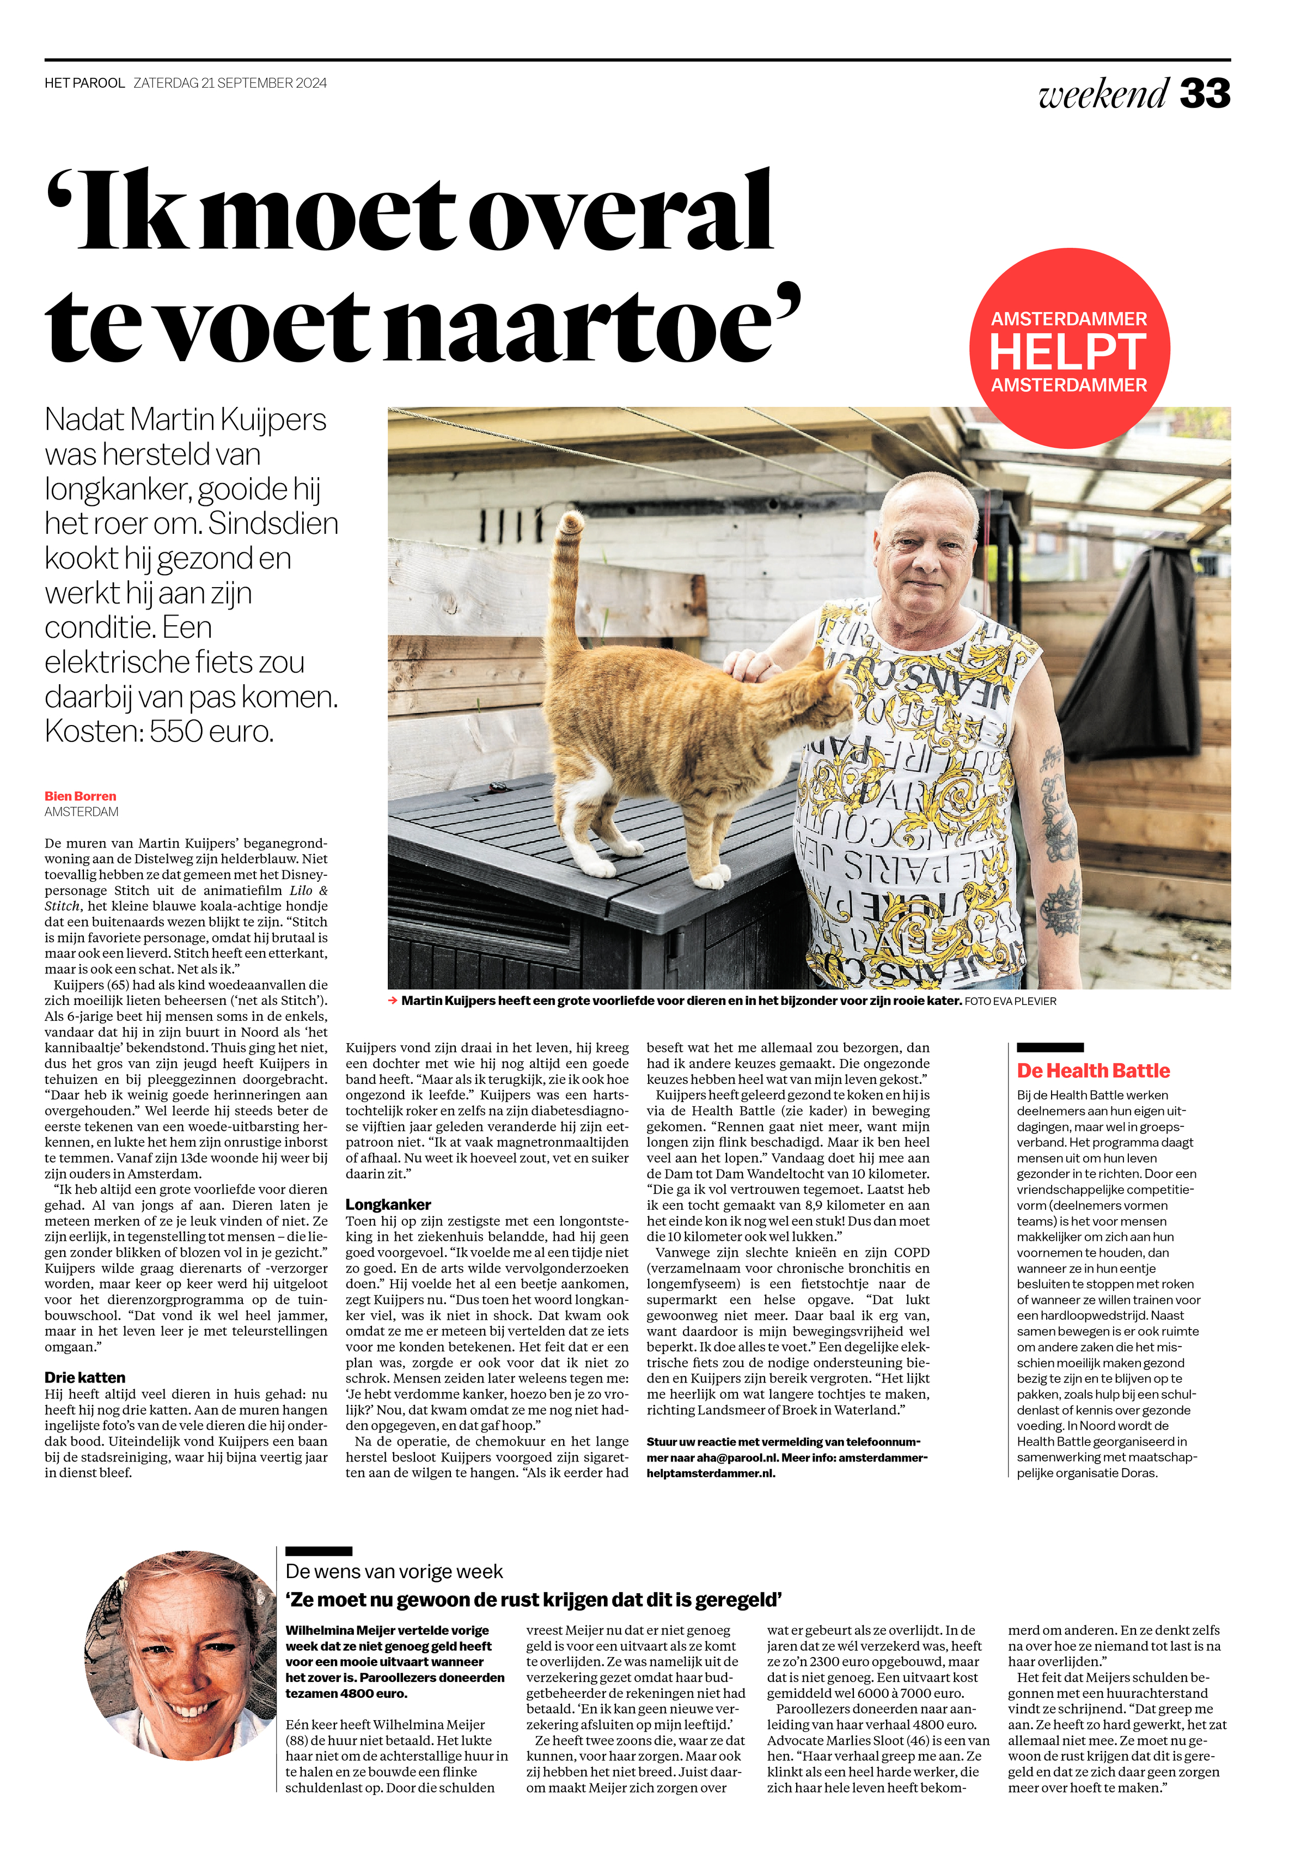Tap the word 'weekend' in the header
(x=1103, y=94)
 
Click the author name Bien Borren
(x=81, y=796)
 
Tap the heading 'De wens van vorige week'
(x=394, y=1571)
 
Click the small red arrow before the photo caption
(x=393, y=1001)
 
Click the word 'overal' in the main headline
(x=621, y=214)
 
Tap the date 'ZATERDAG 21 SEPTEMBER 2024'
(x=230, y=83)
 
